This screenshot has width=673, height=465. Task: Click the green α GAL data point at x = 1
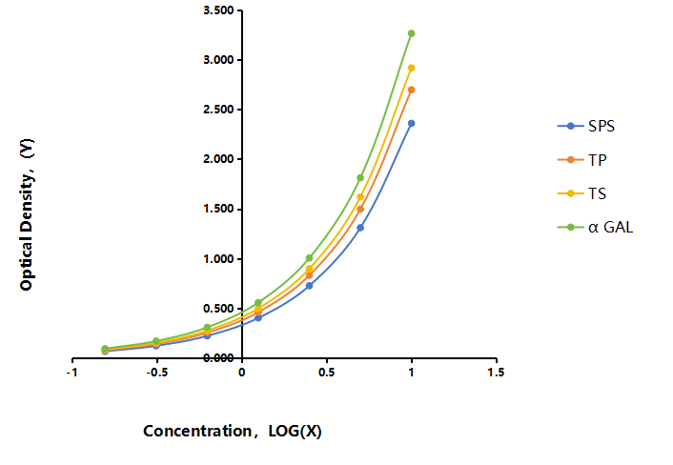click(x=411, y=33)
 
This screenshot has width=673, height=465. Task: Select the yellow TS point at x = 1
click(x=411, y=68)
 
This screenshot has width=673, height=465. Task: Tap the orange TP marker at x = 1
click(x=411, y=90)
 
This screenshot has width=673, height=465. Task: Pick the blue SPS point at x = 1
click(x=411, y=124)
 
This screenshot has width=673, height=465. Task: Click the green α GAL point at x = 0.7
click(x=360, y=177)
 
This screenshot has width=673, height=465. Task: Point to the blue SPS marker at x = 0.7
click(x=360, y=228)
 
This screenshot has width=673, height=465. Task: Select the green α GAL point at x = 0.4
click(x=310, y=258)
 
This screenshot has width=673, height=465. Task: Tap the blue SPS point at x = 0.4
click(x=310, y=286)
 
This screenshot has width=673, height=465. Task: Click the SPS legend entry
click(x=586, y=126)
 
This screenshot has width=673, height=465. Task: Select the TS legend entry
click(x=582, y=193)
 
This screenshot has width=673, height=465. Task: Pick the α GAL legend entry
click(x=595, y=227)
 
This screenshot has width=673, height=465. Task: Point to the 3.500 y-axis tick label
click(x=218, y=10)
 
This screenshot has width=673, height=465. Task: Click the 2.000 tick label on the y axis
click(x=218, y=159)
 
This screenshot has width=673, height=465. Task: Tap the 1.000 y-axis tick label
click(x=218, y=258)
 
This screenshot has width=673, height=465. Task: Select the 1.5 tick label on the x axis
click(x=496, y=373)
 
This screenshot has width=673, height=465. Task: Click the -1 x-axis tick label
click(x=71, y=373)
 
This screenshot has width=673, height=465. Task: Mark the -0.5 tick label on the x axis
click(x=157, y=373)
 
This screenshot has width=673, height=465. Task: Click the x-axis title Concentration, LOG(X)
click(x=233, y=431)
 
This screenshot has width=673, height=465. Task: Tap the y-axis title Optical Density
click(x=26, y=214)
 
